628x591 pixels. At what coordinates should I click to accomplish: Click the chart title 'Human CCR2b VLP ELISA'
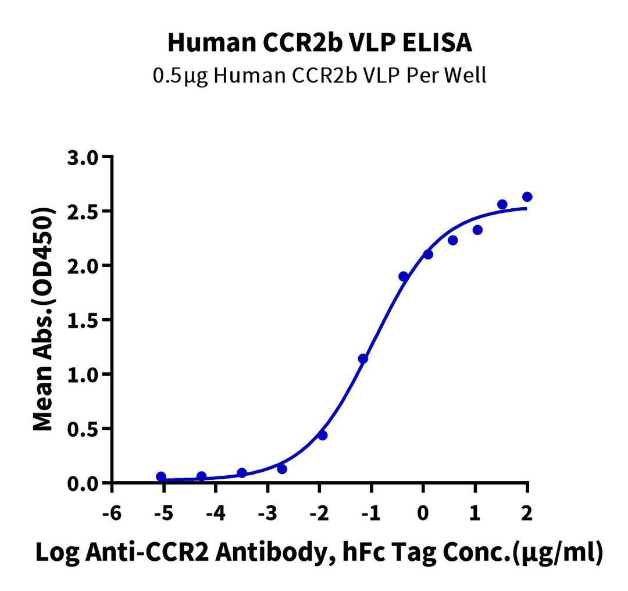tap(319, 42)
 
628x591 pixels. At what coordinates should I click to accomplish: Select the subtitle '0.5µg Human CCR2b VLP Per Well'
tap(319, 76)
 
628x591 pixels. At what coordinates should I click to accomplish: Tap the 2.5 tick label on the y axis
tap(84, 212)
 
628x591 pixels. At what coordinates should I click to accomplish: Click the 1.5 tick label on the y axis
tap(84, 321)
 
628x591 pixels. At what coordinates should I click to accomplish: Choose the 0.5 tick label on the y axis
tap(84, 429)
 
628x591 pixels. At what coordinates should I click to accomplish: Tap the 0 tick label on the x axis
tap(423, 514)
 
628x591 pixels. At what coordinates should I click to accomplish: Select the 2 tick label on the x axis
tap(527, 514)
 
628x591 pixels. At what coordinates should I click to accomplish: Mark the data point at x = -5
tap(161, 477)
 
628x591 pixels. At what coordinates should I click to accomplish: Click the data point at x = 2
tap(527, 197)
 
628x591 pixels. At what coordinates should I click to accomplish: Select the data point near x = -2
tap(323, 435)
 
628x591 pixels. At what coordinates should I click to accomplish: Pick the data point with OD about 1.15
tap(363, 358)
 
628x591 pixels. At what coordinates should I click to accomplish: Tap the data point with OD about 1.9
tap(404, 276)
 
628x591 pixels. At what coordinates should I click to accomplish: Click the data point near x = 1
tap(477, 230)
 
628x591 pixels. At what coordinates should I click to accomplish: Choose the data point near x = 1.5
tap(502, 204)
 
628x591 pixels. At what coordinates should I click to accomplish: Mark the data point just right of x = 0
tap(428, 254)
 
